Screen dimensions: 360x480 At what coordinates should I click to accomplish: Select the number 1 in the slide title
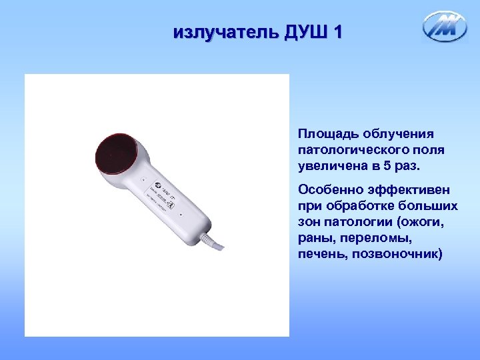point(337,31)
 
